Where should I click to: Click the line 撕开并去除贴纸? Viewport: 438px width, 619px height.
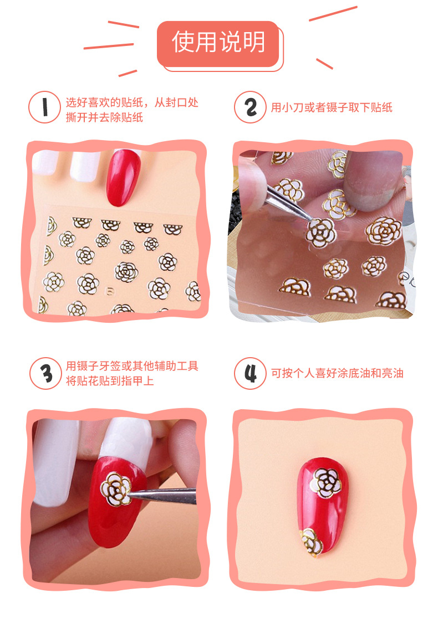(104, 117)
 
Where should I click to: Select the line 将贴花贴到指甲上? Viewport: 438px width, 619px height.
(110, 381)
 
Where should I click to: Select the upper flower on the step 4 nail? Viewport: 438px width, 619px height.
(324, 481)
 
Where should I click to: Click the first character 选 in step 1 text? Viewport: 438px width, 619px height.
(71, 102)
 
